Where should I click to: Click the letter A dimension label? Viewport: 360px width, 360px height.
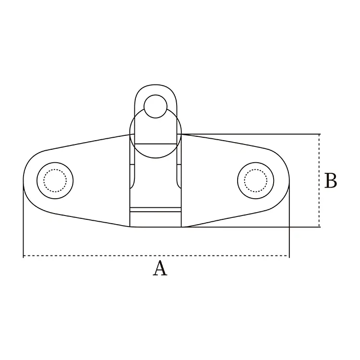click(x=160, y=268)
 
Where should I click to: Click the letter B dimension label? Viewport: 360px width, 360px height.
click(x=330, y=181)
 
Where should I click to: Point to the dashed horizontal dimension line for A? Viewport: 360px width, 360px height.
click(x=96, y=256)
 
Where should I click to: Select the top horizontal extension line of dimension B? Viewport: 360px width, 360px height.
click(x=250, y=134)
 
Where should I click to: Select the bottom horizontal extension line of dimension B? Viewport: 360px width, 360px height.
click(x=250, y=227)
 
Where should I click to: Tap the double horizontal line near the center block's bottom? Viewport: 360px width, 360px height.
click(x=155, y=209)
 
